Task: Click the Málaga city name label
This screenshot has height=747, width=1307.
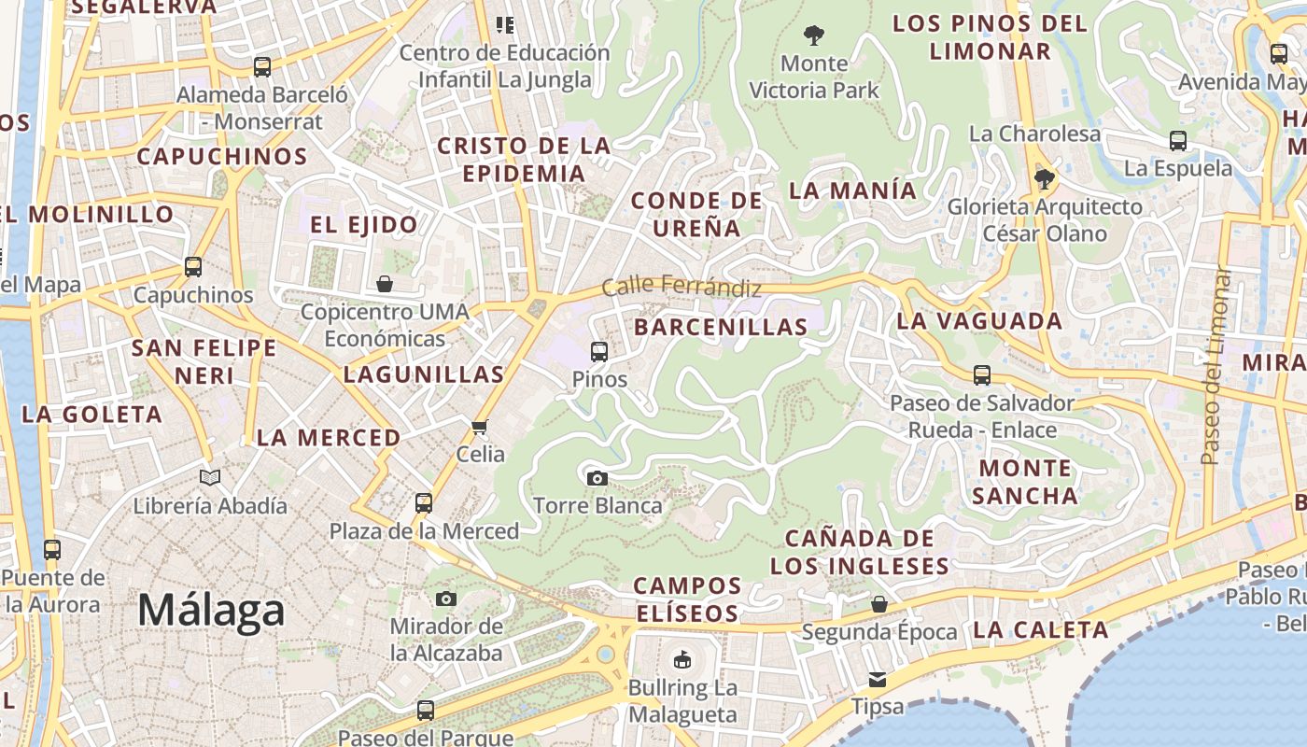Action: pyautogui.click(x=211, y=611)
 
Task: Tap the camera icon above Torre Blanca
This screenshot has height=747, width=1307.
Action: pyautogui.click(x=597, y=479)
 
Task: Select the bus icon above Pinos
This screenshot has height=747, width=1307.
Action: pyautogui.click(x=599, y=352)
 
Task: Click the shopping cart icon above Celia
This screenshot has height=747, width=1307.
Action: pyautogui.click(x=480, y=427)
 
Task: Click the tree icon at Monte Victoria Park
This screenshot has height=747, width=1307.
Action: pyautogui.click(x=814, y=36)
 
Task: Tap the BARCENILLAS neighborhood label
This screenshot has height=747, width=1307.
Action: pyautogui.click(x=721, y=327)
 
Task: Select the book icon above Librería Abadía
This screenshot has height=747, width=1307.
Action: pyautogui.click(x=210, y=478)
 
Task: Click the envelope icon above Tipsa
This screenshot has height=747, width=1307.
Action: pyautogui.click(x=878, y=679)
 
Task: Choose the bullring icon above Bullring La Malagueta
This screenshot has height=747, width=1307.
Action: pyautogui.click(x=682, y=660)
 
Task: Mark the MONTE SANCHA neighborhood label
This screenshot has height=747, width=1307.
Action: pyautogui.click(x=1025, y=482)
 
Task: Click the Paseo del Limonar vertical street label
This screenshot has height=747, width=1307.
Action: pyautogui.click(x=1212, y=366)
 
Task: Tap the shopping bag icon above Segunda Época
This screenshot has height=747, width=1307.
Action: pyautogui.click(x=879, y=604)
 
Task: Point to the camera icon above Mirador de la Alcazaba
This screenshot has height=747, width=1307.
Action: pyautogui.click(x=446, y=599)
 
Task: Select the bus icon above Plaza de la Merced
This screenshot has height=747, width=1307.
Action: pyautogui.click(x=424, y=503)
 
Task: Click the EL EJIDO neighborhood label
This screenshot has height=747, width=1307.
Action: pyautogui.click(x=364, y=225)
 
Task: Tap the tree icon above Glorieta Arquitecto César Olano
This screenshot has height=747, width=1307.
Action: pyautogui.click(x=1045, y=178)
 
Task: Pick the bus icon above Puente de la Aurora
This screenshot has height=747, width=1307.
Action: pyautogui.click(x=52, y=550)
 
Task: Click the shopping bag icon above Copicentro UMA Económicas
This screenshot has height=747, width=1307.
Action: pyautogui.click(x=385, y=284)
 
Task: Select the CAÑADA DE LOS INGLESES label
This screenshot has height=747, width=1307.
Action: pyautogui.click(x=859, y=552)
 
